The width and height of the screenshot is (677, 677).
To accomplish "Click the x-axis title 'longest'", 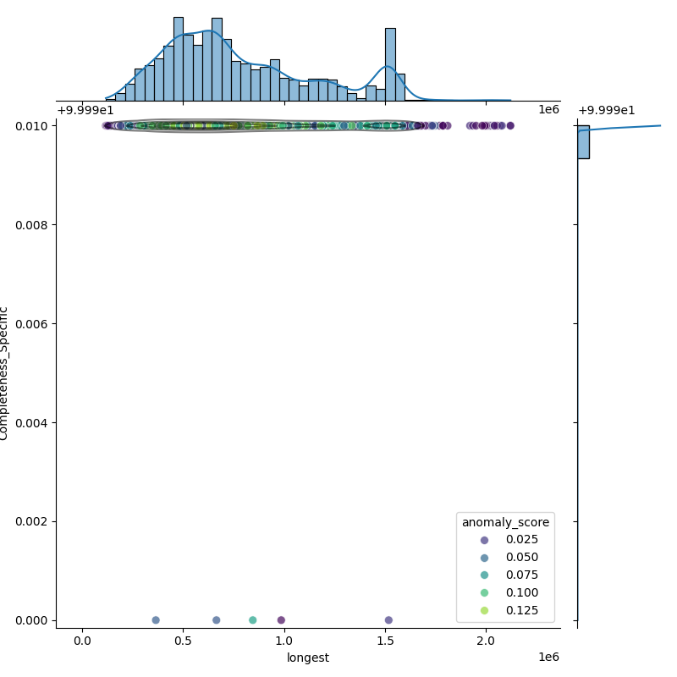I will (x=308, y=658).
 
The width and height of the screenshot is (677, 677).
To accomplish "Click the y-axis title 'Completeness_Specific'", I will (x=4, y=373).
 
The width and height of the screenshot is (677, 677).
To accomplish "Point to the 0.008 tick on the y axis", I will (x=32, y=225).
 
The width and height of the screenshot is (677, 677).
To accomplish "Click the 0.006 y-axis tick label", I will (x=32, y=324).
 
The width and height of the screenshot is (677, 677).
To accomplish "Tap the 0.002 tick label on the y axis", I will (x=32, y=521).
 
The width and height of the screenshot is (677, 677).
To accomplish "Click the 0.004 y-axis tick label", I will (x=32, y=422).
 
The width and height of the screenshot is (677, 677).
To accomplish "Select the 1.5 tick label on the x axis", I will (x=386, y=640).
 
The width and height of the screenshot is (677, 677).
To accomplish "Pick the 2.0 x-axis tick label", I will (x=487, y=640).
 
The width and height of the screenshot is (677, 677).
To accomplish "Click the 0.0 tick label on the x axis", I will (x=82, y=640).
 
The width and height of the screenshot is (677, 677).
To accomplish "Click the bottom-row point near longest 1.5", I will (x=388, y=620).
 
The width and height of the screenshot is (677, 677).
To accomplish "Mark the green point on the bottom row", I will (x=252, y=620).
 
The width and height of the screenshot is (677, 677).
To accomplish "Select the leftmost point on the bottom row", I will (x=156, y=620).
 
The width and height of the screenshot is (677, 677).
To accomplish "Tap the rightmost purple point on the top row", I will (x=510, y=125).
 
